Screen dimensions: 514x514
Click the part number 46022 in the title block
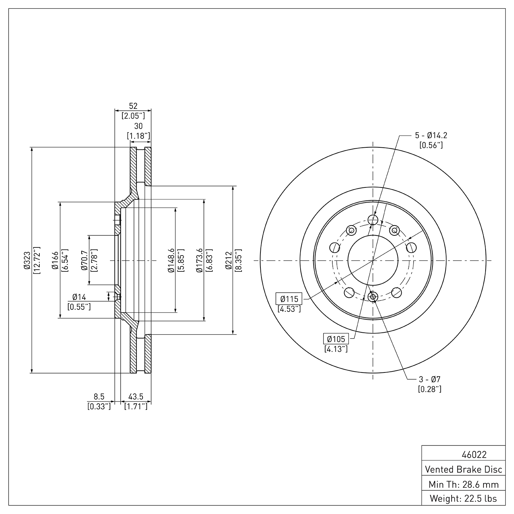click(x=474, y=455)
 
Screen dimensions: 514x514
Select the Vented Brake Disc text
click(x=463, y=469)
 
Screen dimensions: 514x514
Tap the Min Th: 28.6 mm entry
click(x=463, y=485)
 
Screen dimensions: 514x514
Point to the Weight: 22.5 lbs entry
click(x=463, y=499)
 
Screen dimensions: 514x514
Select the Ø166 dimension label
click(x=55, y=260)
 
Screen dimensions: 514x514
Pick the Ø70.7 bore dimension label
click(x=84, y=260)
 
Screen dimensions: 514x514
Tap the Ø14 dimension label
click(x=79, y=297)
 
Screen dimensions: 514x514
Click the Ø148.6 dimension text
click(x=171, y=260)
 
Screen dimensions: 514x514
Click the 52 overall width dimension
click(x=133, y=106)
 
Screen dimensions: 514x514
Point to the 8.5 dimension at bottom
click(x=99, y=396)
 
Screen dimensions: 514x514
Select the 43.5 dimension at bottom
click(x=136, y=396)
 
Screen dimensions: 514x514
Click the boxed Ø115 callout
click(x=289, y=299)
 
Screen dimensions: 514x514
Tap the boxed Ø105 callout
click(x=336, y=339)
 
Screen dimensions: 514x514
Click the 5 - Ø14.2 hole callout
click(x=431, y=135)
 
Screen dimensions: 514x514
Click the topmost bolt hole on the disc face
click(x=372, y=219)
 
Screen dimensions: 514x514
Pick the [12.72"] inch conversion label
click(x=37, y=260)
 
